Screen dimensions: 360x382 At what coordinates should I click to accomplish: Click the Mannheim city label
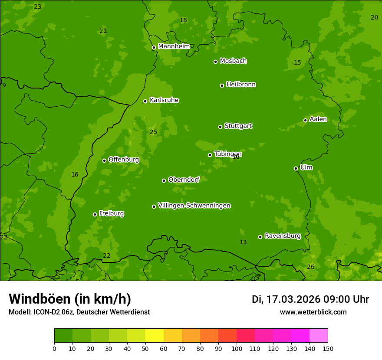pos(174,46)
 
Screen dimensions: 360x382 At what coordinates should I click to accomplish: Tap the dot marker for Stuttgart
pos(220,127)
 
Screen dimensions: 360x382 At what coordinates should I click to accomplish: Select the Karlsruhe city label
pos(164,100)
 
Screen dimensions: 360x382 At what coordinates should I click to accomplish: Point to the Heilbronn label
pos(241,85)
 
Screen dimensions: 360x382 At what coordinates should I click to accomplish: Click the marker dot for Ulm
pos(296,168)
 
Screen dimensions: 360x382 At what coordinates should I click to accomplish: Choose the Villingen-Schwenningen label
pos(194,206)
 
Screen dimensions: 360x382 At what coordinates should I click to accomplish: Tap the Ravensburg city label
pos(283,236)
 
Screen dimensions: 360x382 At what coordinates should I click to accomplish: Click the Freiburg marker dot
pos(95,214)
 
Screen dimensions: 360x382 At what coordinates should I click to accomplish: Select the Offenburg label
pos(124,160)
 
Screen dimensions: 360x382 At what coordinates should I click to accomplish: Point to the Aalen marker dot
pos(305,120)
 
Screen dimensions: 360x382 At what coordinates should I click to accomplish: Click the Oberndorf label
pos(184,180)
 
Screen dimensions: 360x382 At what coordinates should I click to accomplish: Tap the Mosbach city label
pos(233,61)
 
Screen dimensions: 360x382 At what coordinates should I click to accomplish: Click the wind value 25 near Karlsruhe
pos(153,132)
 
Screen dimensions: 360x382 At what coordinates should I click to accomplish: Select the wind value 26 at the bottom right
pos(310,267)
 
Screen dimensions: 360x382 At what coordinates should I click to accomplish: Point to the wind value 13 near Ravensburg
pos(243,242)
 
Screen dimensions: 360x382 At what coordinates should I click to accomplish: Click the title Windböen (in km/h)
pos(70,299)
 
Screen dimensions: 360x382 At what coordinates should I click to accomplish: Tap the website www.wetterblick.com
pos(313,312)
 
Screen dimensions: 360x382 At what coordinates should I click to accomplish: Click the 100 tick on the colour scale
pos(237,348)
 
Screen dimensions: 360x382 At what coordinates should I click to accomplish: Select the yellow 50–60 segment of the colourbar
pos(155,336)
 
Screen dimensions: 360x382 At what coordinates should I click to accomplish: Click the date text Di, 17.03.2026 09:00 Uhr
pos(310,299)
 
